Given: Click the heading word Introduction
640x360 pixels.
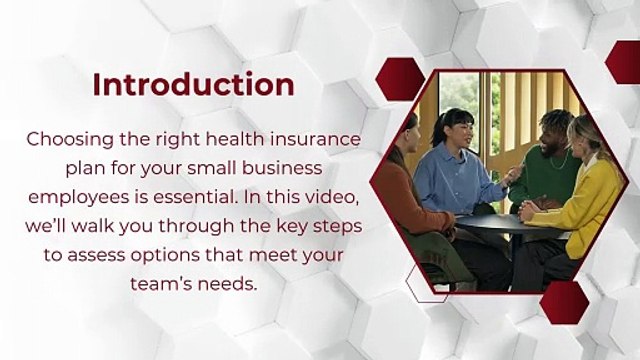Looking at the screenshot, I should [x=193, y=84].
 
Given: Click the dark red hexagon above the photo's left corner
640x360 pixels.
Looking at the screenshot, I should [x=399, y=76].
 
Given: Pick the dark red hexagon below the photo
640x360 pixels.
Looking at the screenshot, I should [x=562, y=302].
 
